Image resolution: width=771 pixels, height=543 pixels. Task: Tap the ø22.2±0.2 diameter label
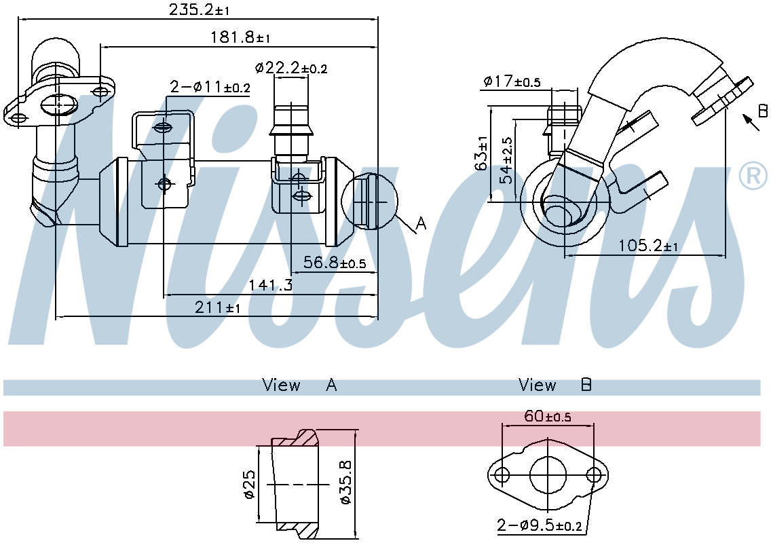click(291, 68)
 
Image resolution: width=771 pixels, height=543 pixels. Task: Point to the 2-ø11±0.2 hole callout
click(210, 87)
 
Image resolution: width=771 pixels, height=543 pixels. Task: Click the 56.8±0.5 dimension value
click(335, 263)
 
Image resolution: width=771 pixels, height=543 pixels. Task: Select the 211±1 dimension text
click(217, 307)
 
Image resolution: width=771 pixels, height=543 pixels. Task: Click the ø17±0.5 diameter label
click(512, 81)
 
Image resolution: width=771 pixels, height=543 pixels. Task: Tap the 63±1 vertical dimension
click(483, 153)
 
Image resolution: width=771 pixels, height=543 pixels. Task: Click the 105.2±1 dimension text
click(648, 246)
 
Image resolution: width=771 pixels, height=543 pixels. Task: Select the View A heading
click(299, 386)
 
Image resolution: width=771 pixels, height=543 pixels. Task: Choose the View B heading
click(555, 386)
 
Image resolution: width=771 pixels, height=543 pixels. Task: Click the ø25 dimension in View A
click(249, 485)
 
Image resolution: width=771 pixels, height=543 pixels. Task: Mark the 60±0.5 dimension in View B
click(547, 416)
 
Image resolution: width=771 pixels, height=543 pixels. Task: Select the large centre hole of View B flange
click(548, 473)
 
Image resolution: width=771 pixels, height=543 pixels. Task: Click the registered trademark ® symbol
click(751, 176)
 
